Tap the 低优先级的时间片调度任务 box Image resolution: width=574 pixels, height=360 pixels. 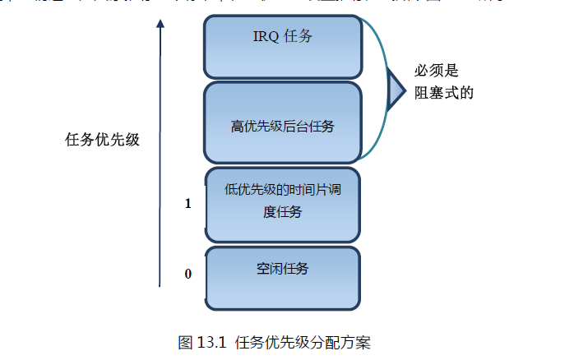click(x=282, y=203)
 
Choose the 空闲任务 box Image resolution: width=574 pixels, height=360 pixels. click(x=282, y=277)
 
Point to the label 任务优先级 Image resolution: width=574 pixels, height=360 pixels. click(x=102, y=139)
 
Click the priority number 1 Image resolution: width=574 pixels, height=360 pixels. click(x=188, y=203)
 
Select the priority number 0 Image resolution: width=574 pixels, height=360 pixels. click(x=188, y=274)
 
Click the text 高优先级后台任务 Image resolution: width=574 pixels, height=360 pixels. click(x=282, y=127)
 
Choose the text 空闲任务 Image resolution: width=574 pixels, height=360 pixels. click(x=282, y=269)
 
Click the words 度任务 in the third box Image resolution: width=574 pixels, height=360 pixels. click(x=282, y=212)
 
